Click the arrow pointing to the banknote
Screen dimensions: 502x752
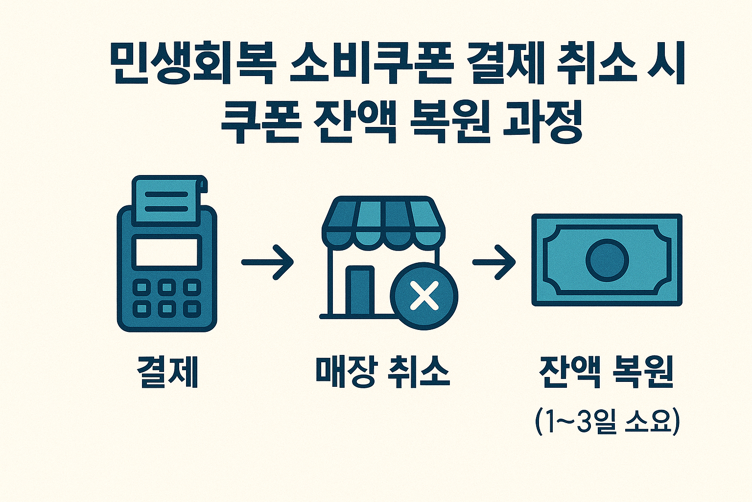pos(494,262)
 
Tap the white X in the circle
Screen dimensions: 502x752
pos(424,296)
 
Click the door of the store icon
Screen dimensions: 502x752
pos(360,291)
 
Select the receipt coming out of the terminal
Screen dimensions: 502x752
pos(167,201)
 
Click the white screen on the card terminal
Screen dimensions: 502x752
pos(167,252)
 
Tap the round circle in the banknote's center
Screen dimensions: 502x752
pos(607,260)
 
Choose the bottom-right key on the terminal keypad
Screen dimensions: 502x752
pos(192,309)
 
